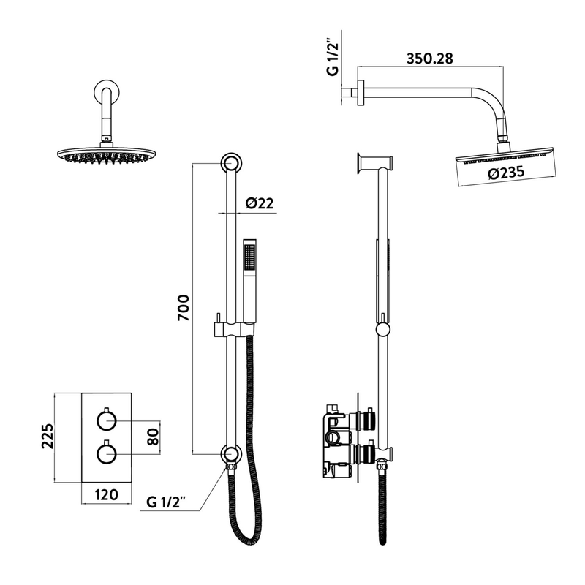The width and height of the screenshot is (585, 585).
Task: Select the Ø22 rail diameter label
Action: (x=260, y=204)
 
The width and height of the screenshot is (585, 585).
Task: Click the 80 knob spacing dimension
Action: (x=152, y=437)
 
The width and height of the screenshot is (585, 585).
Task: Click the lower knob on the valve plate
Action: (x=106, y=454)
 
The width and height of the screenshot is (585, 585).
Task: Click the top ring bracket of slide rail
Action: (x=230, y=162)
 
